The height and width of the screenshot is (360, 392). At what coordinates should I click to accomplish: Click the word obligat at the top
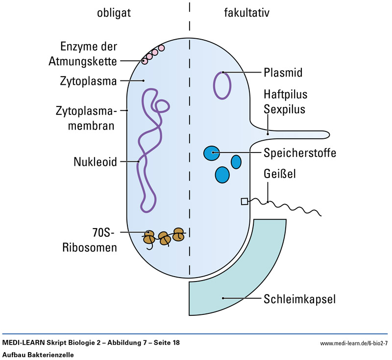[114, 13]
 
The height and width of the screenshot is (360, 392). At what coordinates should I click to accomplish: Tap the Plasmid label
[282, 73]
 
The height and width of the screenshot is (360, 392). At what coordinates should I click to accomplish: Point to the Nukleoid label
[96, 161]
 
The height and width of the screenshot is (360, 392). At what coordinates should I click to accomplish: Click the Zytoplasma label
[89, 80]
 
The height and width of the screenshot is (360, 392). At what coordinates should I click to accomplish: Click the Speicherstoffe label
[300, 153]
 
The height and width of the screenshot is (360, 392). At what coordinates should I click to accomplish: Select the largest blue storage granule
[222, 175]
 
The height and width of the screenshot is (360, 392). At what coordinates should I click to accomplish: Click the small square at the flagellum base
[244, 201]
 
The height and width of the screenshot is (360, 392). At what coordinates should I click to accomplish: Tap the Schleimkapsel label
[299, 298]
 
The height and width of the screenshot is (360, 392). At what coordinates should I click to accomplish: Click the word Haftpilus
[285, 94]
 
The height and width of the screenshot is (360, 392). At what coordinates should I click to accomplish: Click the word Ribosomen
[89, 247]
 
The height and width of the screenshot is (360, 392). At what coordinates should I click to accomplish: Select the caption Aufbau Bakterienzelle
[38, 355]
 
